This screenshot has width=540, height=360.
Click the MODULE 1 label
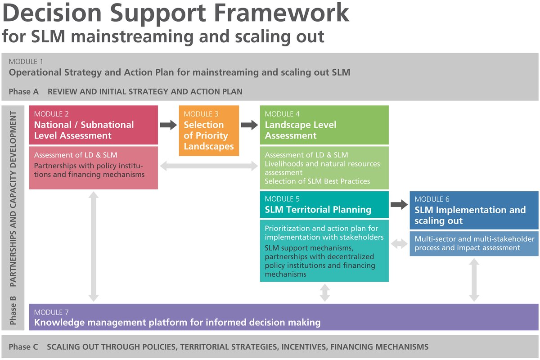point(27,62)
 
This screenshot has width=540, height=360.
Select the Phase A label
point(23,92)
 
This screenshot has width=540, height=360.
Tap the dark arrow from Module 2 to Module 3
point(169,125)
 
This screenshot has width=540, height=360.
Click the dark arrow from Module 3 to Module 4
point(249,125)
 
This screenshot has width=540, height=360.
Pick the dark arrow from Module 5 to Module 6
point(399,205)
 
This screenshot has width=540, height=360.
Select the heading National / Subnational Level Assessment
point(84,130)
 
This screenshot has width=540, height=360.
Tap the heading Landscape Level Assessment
point(300,130)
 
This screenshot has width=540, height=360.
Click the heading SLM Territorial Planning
point(318,210)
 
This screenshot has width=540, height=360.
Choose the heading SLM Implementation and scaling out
point(470,215)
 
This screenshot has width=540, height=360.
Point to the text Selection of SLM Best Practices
point(317,181)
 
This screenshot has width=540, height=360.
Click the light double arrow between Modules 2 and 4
point(209,166)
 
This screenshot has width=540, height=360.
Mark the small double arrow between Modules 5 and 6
point(399,244)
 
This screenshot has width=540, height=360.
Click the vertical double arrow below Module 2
point(94,246)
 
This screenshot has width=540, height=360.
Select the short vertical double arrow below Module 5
point(324,292)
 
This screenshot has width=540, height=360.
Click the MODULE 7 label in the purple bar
point(51,312)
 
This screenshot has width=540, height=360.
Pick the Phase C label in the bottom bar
point(23,347)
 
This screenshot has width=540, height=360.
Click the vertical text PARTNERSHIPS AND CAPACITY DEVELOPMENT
point(13,198)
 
